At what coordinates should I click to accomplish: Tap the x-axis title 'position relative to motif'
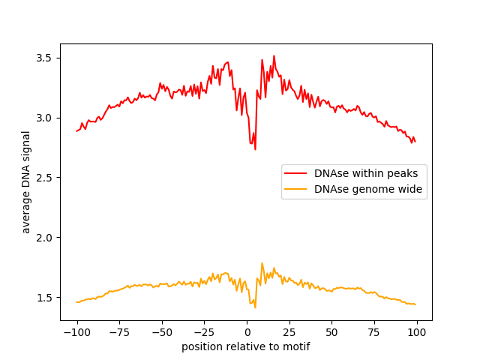pyautogui.click(x=246, y=346)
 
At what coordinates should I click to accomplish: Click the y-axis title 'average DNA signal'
pyautogui.click(x=26, y=181)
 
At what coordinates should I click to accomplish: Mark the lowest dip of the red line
pyautogui.click(x=255, y=149)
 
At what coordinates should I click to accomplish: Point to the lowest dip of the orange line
pyautogui.click(x=255, y=307)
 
